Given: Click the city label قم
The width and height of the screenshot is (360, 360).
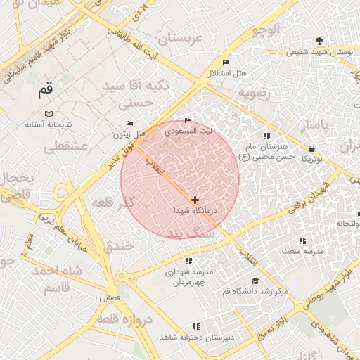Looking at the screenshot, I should [45, 91].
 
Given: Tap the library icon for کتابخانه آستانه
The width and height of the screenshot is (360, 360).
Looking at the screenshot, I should [49, 114].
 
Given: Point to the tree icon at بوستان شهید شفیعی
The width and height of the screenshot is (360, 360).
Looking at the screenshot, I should [321, 41].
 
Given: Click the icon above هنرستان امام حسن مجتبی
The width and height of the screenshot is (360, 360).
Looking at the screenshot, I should [266, 136].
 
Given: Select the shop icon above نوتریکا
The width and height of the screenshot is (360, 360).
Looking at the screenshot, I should [311, 148].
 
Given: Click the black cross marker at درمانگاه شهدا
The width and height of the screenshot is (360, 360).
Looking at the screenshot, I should [195, 200].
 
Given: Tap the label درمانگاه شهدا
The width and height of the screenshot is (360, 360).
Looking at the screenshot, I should [197, 211].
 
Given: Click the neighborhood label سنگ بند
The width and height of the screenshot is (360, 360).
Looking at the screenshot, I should [179, 233].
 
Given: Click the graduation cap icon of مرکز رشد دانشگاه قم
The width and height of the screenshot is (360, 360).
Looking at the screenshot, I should [255, 281].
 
